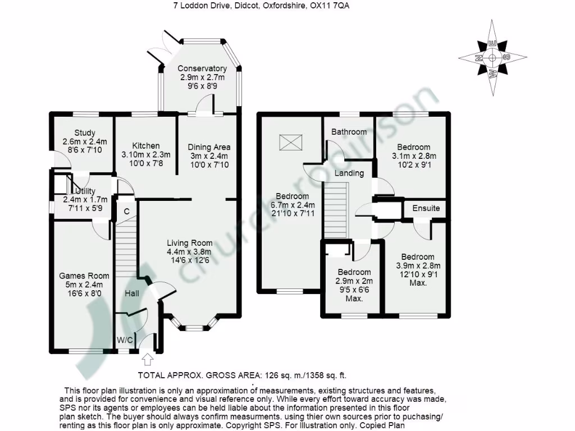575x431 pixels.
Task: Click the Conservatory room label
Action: click(x=202, y=68)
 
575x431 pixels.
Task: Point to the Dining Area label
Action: click(x=209, y=147)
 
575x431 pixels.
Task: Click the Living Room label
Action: click(x=190, y=243)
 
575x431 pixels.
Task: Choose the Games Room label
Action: click(x=84, y=276)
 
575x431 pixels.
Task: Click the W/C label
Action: click(x=125, y=340)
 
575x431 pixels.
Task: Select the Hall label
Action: click(x=132, y=293)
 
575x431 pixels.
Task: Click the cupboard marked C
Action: click(x=126, y=212)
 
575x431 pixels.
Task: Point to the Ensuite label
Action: click(x=426, y=208)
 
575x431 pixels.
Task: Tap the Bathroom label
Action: click(x=349, y=132)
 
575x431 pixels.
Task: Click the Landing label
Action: click(x=349, y=173)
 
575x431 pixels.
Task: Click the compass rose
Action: click(x=492, y=57)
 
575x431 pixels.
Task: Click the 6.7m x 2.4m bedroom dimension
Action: click(x=292, y=205)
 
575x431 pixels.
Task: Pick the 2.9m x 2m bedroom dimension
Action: click(x=354, y=281)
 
